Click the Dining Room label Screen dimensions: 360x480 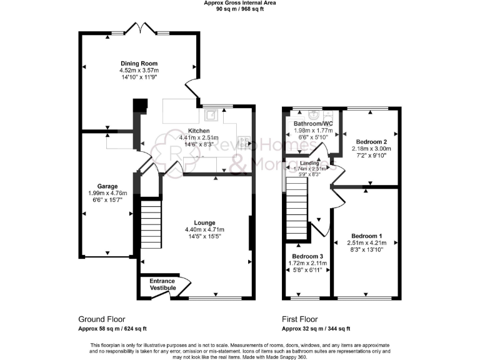point(139,63)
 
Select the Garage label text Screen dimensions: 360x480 point(107,186)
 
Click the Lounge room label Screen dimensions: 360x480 point(204,222)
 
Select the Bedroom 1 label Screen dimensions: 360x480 point(367,236)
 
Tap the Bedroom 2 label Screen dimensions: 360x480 point(371,142)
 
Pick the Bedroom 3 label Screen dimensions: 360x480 point(308,257)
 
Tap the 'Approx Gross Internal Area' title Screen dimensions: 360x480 point(239,3)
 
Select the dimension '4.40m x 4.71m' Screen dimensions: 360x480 point(204,231)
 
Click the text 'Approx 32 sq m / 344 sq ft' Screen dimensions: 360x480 point(316,329)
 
